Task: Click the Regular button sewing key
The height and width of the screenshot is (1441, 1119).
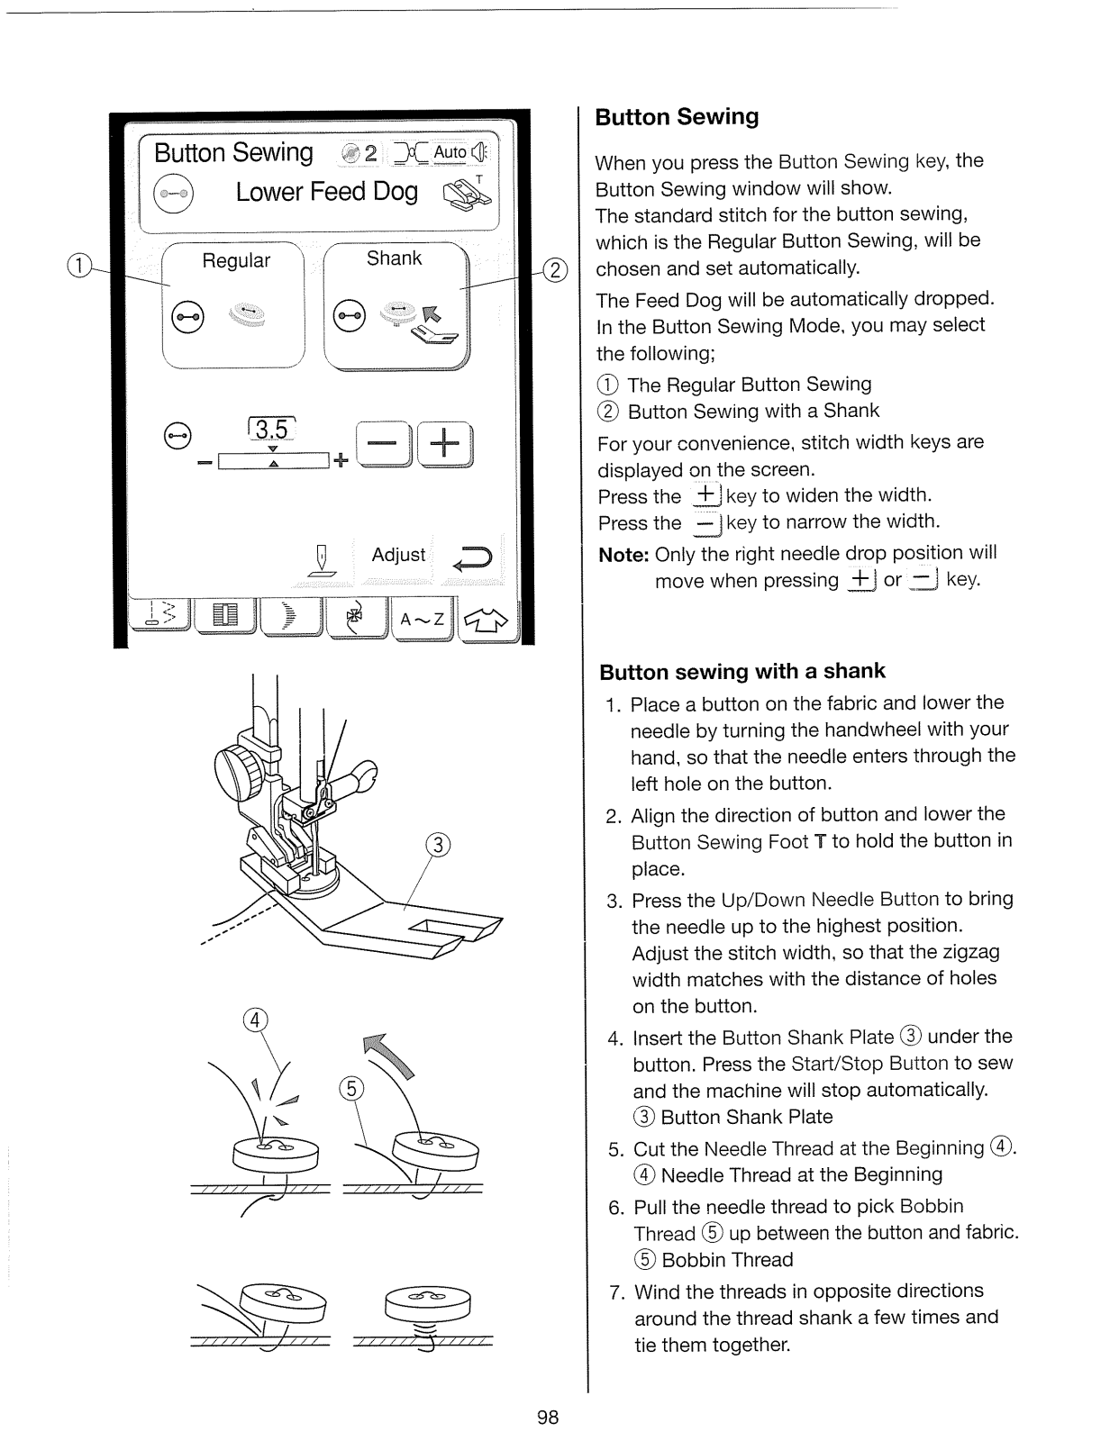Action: click(x=233, y=304)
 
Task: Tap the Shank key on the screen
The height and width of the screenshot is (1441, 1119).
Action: click(x=396, y=306)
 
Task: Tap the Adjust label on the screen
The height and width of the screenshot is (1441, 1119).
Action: click(x=398, y=555)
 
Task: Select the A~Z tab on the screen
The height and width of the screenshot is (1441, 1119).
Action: click(x=422, y=620)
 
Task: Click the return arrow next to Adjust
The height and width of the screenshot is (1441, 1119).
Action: click(x=472, y=558)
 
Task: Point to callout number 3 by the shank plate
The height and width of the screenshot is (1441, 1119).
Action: click(x=437, y=846)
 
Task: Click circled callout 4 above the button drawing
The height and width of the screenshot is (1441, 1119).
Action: click(x=256, y=1020)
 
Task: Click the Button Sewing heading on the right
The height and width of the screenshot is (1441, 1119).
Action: click(x=678, y=117)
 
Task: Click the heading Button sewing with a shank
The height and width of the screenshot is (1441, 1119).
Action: click(x=742, y=672)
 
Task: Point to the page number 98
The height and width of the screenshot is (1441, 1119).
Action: click(x=548, y=1418)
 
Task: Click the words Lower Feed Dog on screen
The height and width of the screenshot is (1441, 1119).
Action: click(x=326, y=192)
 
